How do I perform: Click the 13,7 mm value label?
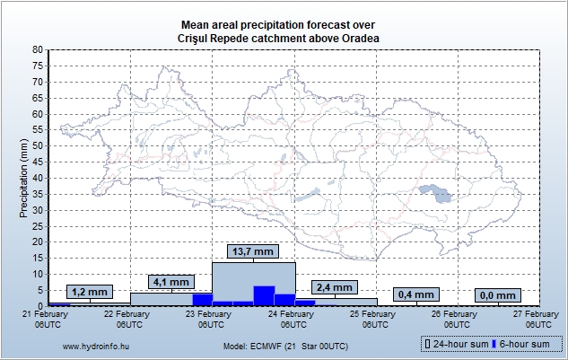pyautogui.click(x=253, y=251)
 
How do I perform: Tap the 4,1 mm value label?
pyautogui.click(x=171, y=282)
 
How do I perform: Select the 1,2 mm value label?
pyautogui.click(x=89, y=293)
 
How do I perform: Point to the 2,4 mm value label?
pyautogui.click(x=335, y=287)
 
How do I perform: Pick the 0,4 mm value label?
pyautogui.click(x=415, y=294)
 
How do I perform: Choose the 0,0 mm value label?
pyautogui.click(x=496, y=294)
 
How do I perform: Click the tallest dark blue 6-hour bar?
pyautogui.click(x=264, y=295)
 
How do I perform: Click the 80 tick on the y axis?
pyautogui.click(x=38, y=50)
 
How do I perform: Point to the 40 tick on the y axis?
pyautogui.click(x=38, y=178)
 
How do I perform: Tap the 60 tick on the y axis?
pyautogui.click(x=38, y=114)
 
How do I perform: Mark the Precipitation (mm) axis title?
pyautogui.click(x=23, y=178)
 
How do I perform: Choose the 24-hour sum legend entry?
pyautogui.click(x=457, y=344)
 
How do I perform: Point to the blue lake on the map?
pyautogui.click(x=435, y=191)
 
